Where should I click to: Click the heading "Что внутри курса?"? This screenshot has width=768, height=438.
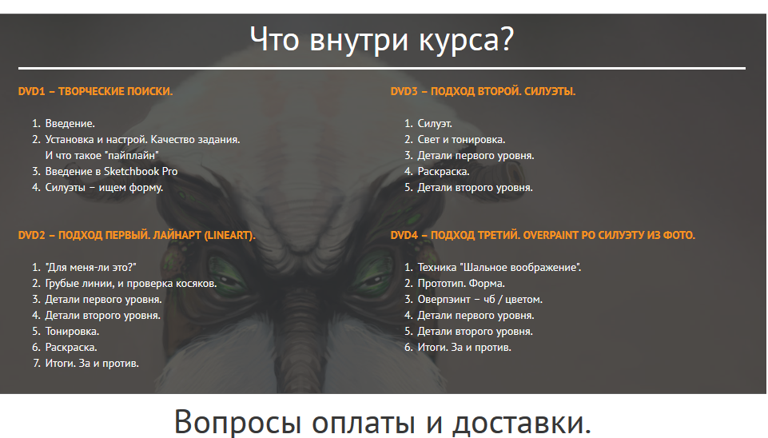(382, 40)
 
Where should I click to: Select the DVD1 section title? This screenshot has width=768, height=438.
(96, 92)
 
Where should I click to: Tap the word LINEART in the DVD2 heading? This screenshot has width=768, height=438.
(229, 235)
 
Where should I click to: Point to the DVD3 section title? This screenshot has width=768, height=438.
(483, 92)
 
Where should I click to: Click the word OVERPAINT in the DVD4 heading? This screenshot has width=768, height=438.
(551, 235)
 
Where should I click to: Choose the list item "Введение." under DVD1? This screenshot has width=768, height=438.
(70, 123)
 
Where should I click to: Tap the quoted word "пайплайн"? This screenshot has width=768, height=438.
(133, 155)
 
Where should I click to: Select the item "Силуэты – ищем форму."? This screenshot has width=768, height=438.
(105, 188)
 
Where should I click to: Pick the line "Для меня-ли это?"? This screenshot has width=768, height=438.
(90, 268)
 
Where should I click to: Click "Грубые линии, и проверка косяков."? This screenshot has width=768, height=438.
(131, 284)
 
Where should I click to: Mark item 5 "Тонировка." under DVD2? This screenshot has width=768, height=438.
(72, 332)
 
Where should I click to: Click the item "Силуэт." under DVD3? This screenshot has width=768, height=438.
(435, 123)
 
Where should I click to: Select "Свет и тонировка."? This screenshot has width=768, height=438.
(461, 140)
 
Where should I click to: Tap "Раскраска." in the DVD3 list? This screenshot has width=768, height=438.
(444, 172)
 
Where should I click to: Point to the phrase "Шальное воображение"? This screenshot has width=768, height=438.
(520, 268)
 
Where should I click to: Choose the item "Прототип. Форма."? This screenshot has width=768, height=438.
(461, 284)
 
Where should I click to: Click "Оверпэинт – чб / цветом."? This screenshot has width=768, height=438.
(480, 300)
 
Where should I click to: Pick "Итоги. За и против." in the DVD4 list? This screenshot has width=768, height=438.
(464, 348)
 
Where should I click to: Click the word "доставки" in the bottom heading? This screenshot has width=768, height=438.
(521, 422)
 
